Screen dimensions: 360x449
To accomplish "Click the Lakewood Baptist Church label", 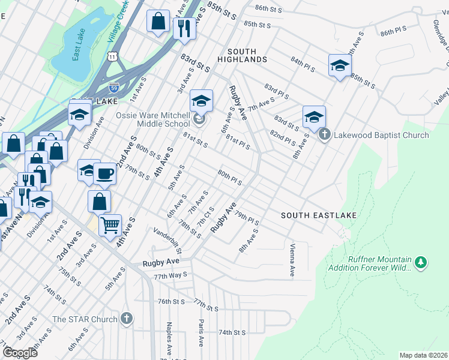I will coord(382,135).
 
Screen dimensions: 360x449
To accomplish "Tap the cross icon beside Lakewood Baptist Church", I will coord(325,134).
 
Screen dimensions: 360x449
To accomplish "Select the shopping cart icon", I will coord(110,226).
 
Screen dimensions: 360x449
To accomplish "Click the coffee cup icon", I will coord(105,174).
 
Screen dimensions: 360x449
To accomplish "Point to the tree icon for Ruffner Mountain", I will coord(421,262).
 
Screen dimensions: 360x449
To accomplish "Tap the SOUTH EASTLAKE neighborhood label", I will coord(319,215).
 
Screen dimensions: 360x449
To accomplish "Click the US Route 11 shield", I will coord(112,56).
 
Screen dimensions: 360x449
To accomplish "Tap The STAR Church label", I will coord(85,319).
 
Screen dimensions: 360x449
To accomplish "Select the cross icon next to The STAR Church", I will coord(126,318).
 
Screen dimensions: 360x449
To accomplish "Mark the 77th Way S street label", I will coord(170,276).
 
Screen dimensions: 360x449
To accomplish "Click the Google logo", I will coord(20,353).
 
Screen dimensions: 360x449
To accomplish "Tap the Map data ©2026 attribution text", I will coord(423,355).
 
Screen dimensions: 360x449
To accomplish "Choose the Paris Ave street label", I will coord(200,332).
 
